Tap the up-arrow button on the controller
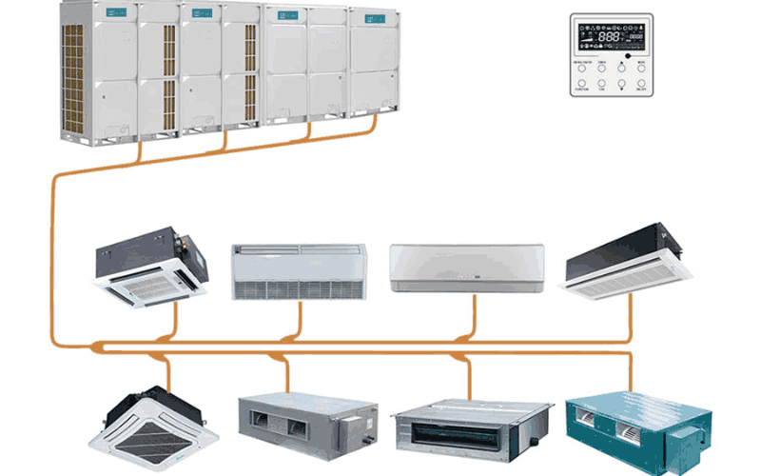621,69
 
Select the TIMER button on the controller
601,69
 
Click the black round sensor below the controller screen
629,57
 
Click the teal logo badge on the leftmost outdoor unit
119,12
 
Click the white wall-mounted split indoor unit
467,268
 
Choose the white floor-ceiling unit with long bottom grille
299,271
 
